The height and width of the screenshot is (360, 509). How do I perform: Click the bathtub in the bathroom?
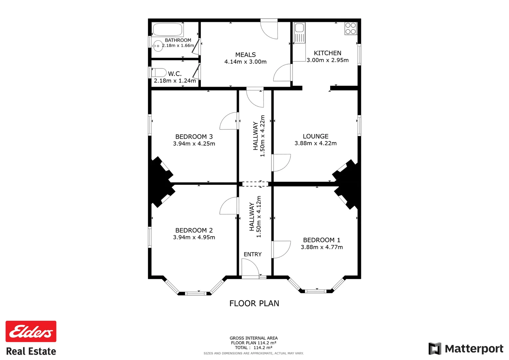tap(168, 30)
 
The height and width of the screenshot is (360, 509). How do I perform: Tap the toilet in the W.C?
tap(159, 72)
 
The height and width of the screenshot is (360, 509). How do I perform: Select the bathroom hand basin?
tap(158, 46)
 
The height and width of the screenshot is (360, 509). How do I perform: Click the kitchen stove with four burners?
tap(350, 29)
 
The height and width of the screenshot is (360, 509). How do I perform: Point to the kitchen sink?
tap(299, 28)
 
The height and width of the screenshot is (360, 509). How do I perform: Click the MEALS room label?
tap(246, 55)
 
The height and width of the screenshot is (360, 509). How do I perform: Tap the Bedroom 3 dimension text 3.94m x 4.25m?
tap(194, 144)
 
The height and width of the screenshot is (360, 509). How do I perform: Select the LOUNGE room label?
tap(315, 136)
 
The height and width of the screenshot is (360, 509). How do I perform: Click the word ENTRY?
tap(253, 254)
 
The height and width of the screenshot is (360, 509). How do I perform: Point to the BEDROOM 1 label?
tap(321, 240)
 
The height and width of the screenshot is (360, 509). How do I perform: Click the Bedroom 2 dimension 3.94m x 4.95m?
tap(194, 237)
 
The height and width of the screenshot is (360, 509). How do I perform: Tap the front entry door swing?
tap(250, 267)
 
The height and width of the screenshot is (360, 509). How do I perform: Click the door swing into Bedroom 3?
tap(229, 121)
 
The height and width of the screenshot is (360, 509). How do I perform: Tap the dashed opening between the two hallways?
tap(255, 184)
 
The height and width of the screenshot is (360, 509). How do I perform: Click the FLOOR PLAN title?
tap(254, 303)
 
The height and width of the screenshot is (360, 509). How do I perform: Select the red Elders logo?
tap(31, 331)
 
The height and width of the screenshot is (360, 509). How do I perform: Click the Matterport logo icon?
tap(435, 349)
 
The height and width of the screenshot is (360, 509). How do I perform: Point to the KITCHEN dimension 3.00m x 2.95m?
tap(327, 60)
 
